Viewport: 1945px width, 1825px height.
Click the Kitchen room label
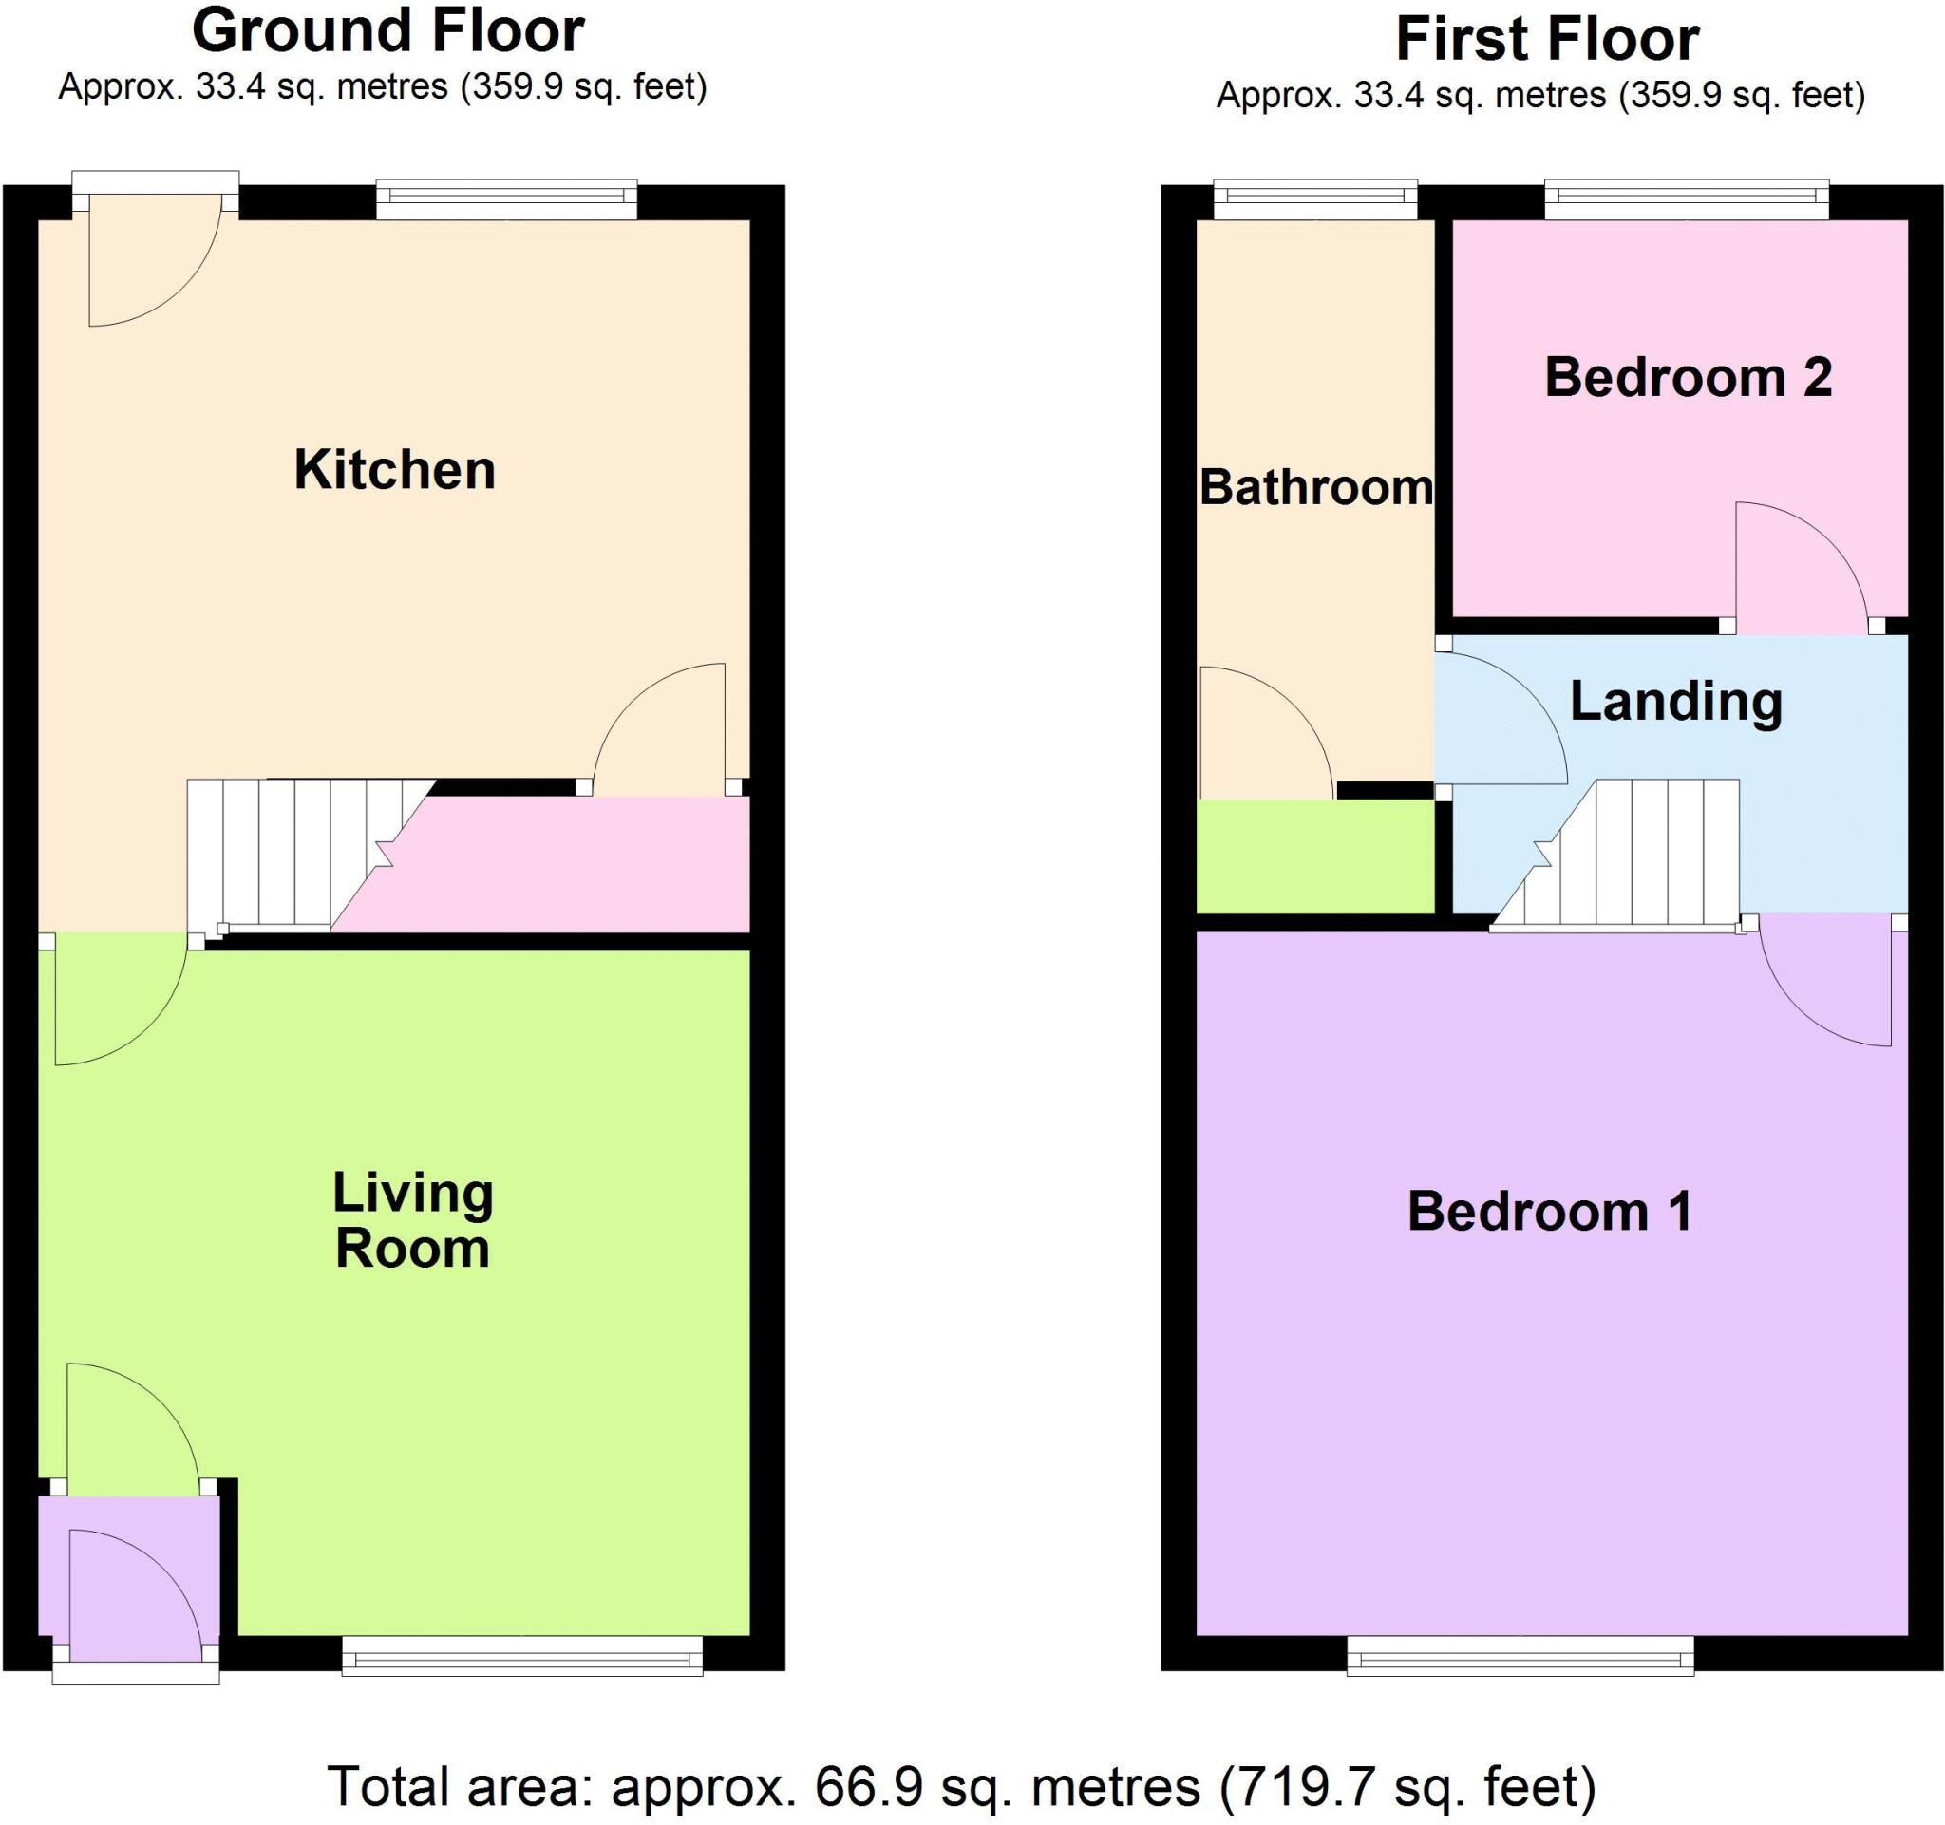394,470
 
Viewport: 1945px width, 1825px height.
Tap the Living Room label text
412,1220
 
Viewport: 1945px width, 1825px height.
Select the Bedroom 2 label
1688,378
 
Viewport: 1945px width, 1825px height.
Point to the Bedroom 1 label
1550,1212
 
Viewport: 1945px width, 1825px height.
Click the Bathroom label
1316,487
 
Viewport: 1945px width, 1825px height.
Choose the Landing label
1676,702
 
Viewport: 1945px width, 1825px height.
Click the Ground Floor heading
387,31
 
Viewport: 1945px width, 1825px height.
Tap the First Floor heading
1547,39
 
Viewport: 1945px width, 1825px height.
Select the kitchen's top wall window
507,200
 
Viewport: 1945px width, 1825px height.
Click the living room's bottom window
522,1657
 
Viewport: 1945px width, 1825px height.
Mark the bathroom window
1315,200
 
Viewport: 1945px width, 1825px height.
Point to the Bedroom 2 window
1687,200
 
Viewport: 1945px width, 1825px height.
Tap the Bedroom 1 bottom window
1520,1657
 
